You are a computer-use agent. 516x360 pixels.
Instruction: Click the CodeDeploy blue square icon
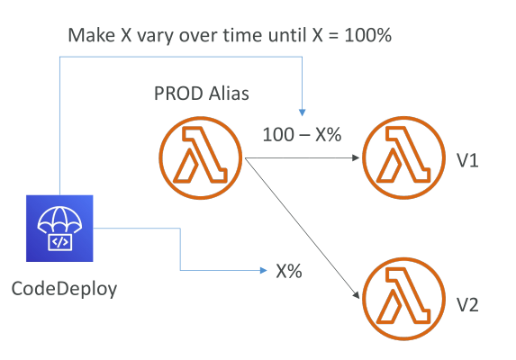[59, 229]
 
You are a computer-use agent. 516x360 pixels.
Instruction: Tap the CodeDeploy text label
[64, 289]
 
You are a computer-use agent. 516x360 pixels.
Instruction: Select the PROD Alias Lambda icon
[201, 157]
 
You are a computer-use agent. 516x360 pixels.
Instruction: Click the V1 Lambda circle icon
[403, 157]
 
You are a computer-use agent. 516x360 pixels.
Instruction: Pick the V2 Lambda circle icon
[403, 299]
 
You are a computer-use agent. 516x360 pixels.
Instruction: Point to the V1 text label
[467, 161]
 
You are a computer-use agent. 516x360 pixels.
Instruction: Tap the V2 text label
[467, 305]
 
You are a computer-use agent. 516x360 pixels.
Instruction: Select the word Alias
[229, 94]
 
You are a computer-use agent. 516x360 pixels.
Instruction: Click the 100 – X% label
[302, 135]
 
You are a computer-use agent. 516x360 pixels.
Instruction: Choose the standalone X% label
[289, 271]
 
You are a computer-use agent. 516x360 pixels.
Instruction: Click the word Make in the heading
[92, 35]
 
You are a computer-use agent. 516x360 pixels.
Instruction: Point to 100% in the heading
[368, 35]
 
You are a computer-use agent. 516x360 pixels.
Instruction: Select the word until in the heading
[287, 35]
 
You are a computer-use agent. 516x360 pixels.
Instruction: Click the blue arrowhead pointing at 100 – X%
[302, 112]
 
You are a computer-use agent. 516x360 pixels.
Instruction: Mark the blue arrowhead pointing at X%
[263, 270]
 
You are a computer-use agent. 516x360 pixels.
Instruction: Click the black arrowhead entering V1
[356, 157]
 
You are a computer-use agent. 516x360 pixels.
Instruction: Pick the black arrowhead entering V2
[356, 295]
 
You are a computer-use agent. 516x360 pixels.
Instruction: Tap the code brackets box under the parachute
[60, 242]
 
